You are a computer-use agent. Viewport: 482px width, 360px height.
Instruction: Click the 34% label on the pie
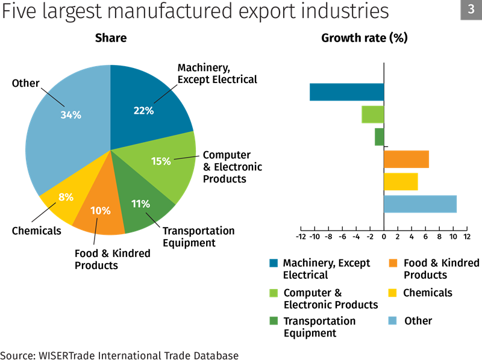pyautogui.click(x=70, y=114)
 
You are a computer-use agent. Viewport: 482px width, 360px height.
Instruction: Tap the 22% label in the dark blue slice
pyautogui.click(x=143, y=111)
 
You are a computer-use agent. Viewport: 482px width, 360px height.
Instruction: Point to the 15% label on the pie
pyautogui.click(x=161, y=161)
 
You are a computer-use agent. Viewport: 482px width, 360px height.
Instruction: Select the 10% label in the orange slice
pyautogui.click(x=101, y=211)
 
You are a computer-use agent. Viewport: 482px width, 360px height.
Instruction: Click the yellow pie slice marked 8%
pyautogui.click(x=60, y=202)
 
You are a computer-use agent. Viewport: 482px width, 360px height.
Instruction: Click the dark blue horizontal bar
pyautogui.click(x=346, y=92)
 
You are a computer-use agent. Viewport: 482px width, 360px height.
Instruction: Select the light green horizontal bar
pyautogui.click(x=372, y=114)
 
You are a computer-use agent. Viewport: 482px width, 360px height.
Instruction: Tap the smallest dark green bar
pyautogui.click(x=379, y=137)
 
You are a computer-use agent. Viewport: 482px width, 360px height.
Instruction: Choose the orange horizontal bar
pyautogui.click(x=407, y=159)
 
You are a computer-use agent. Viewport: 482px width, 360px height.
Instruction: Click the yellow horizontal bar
pyautogui.click(x=401, y=182)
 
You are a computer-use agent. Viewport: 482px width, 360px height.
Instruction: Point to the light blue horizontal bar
pyautogui.click(x=421, y=204)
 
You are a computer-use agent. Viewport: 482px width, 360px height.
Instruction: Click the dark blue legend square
pyautogui.click(x=274, y=263)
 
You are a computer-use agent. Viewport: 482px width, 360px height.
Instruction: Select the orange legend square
pyautogui.click(x=393, y=263)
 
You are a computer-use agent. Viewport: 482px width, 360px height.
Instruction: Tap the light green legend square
pyautogui.click(x=274, y=293)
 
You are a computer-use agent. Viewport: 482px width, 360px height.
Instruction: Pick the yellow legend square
pyautogui.click(x=393, y=293)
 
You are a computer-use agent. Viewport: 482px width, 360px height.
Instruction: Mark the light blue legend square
pyautogui.click(x=393, y=320)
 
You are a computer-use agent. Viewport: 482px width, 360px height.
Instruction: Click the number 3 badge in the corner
pyautogui.click(x=471, y=10)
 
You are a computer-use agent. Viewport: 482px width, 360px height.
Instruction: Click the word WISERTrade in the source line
pyautogui.click(x=64, y=355)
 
